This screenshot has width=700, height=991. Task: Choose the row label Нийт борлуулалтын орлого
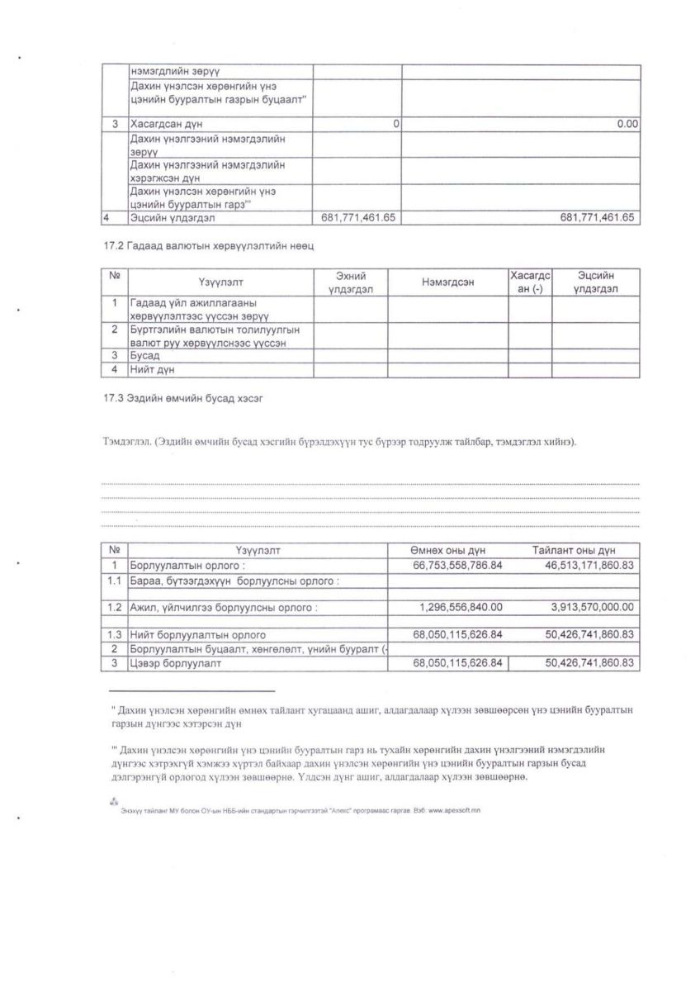(197, 635)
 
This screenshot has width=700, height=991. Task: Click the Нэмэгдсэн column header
(447, 282)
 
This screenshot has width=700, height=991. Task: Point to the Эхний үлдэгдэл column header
(350, 282)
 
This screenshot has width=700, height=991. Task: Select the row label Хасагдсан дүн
(168, 124)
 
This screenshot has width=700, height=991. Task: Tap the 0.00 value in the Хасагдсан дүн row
(628, 124)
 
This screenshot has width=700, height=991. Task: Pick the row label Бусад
(145, 355)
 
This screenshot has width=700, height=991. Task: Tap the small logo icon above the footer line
(113, 801)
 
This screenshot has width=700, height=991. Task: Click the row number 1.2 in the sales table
(114, 607)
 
